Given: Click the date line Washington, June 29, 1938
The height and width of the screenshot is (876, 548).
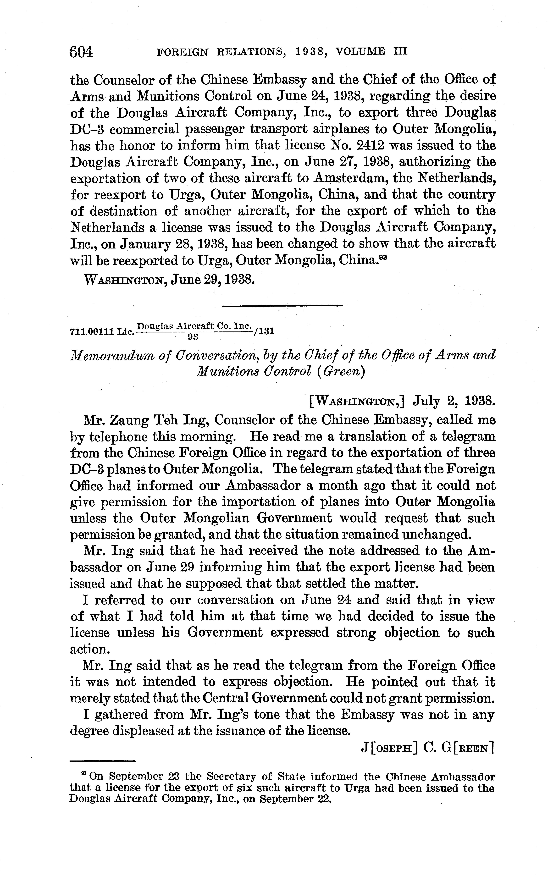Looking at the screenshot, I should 168,279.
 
